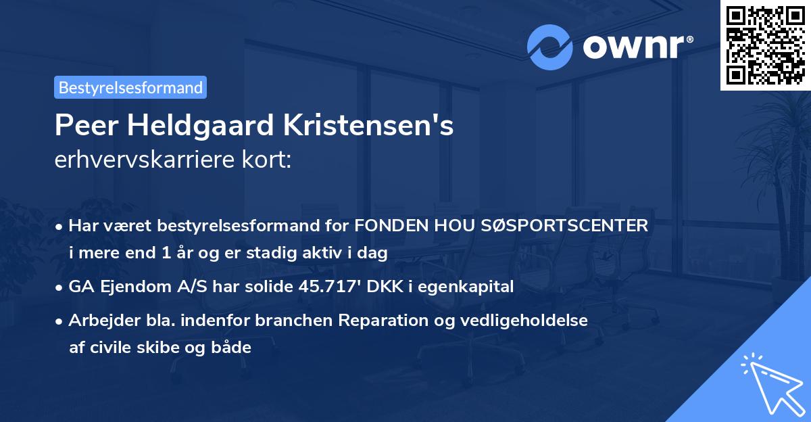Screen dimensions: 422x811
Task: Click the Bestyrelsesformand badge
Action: click(130, 87)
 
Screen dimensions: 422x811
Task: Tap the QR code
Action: click(765, 45)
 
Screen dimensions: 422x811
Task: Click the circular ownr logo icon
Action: click(549, 47)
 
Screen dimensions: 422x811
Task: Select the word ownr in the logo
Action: click(635, 47)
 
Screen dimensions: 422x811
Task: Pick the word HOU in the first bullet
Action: click(460, 226)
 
